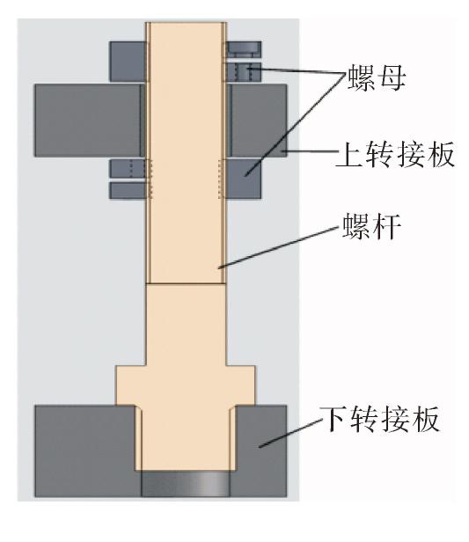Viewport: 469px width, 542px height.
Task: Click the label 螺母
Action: tap(376, 77)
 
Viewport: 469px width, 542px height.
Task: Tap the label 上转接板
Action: tap(395, 154)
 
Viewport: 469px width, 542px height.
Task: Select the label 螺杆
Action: tap(371, 226)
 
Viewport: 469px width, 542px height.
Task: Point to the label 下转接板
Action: tap(379, 419)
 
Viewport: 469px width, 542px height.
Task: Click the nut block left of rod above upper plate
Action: tap(128, 62)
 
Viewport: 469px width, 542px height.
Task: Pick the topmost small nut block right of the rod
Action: tap(244, 49)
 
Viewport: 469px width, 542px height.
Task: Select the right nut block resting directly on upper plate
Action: tap(244, 72)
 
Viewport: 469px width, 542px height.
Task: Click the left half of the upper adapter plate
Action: tap(89, 121)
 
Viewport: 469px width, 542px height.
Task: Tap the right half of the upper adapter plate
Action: tap(257, 121)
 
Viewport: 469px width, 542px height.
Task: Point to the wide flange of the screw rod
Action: tap(186, 385)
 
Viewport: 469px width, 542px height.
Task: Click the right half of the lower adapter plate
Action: tap(259, 451)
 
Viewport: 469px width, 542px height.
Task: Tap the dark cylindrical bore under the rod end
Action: tap(186, 484)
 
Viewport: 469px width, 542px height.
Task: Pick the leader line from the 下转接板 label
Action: tap(290, 434)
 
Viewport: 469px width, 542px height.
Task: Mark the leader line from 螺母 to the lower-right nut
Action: tap(296, 124)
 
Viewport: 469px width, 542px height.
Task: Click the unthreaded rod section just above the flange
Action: tap(187, 325)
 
